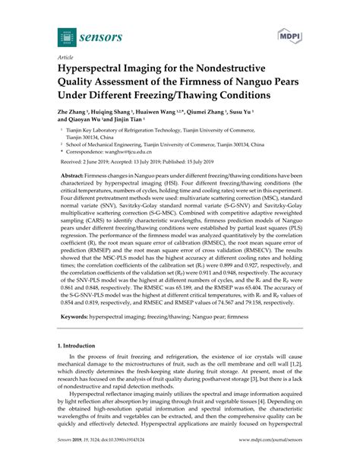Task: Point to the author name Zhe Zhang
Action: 74,111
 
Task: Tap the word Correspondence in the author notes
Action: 89,152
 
